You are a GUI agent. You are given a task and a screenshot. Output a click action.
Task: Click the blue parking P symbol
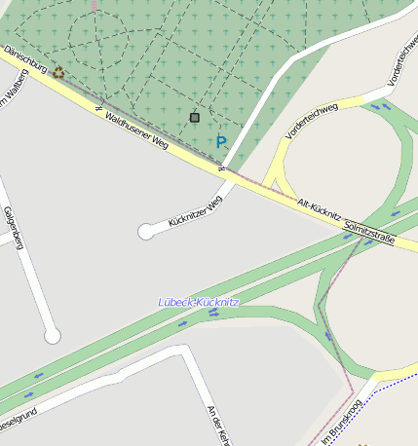pyautogui.click(x=221, y=142)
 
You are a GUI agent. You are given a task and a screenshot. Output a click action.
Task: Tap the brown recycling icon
pyautogui.click(x=58, y=72)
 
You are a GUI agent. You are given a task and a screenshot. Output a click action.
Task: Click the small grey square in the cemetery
pyautogui.click(x=195, y=118)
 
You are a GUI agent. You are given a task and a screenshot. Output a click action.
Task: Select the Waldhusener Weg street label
pyautogui.click(x=136, y=131)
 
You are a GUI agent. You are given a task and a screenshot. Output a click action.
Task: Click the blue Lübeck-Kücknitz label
pyautogui.click(x=199, y=303)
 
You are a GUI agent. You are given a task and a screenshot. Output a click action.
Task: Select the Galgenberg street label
pyautogui.click(x=13, y=228)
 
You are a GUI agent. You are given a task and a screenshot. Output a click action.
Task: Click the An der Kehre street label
pyautogui.click(x=217, y=425)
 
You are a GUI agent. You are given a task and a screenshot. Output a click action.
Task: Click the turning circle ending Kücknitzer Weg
pyautogui.click(x=146, y=231)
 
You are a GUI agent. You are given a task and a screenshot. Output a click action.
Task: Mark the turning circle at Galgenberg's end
pyautogui.click(x=53, y=336)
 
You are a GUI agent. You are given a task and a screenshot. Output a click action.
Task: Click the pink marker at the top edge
pyautogui.click(x=94, y=5)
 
